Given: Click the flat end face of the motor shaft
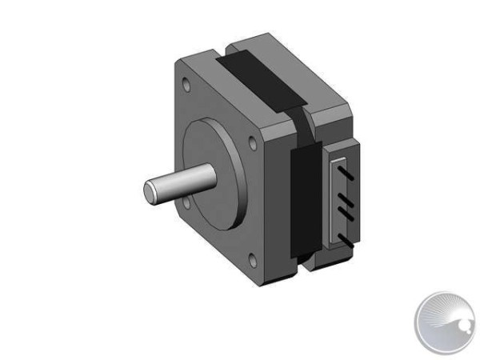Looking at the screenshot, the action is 150,191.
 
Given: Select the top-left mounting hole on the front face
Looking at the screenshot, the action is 186,85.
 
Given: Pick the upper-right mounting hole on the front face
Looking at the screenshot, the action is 253,143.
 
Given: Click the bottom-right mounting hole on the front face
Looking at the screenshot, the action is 252,261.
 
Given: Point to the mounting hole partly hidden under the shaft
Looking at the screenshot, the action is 186,203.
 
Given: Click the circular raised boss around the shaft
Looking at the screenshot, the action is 214,174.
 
